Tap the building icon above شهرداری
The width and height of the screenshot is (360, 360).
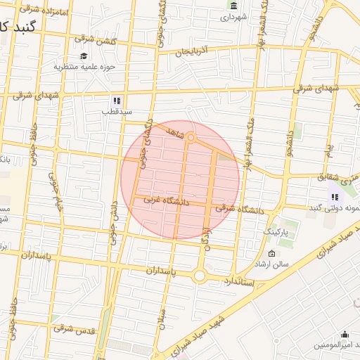pyautogui.click(x=233, y=6)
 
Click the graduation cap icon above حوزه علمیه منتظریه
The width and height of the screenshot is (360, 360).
pyautogui.click(x=84, y=56)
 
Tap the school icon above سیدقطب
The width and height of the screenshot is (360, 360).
pyautogui.click(x=117, y=101)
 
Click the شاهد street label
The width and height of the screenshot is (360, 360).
pyautogui.click(x=174, y=131)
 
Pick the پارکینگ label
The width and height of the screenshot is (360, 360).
pyautogui.click(x=275, y=231)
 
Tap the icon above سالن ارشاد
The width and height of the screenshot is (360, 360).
pyautogui.click(x=272, y=253)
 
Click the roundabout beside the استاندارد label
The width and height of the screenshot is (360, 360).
pyautogui.click(x=200, y=276)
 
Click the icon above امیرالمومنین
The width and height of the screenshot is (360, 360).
pyautogui.click(x=345, y=334)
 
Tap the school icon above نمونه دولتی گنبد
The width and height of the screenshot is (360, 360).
pyautogui.click(x=335, y=197)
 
